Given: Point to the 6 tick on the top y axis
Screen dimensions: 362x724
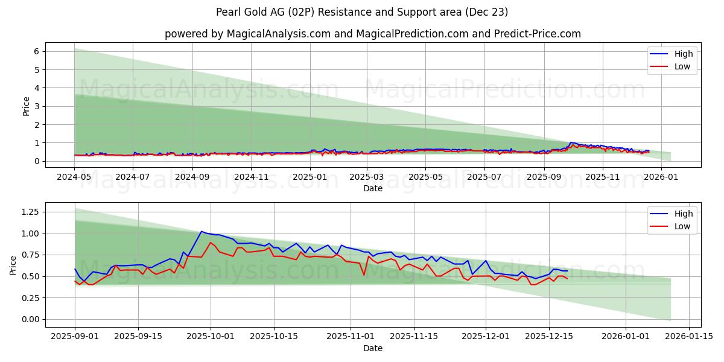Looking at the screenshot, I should [x=37, y=52].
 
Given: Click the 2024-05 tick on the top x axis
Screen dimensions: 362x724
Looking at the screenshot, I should [x=74, y=177].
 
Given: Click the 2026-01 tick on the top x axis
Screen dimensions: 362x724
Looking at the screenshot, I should [x=662, y=177].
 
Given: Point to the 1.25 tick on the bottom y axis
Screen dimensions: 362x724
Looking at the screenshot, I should [x=30, y=212].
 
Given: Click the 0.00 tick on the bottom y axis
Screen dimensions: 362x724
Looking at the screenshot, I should [x=30, y=319].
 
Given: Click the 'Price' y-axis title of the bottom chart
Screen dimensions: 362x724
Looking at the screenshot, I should [x=13, y=265].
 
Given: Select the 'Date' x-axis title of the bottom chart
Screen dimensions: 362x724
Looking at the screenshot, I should [x=372, y=348].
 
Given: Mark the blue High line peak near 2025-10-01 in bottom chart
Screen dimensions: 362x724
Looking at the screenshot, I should [x=202, y=231].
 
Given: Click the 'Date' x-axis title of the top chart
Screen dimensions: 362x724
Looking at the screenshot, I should [x=372, y=189].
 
